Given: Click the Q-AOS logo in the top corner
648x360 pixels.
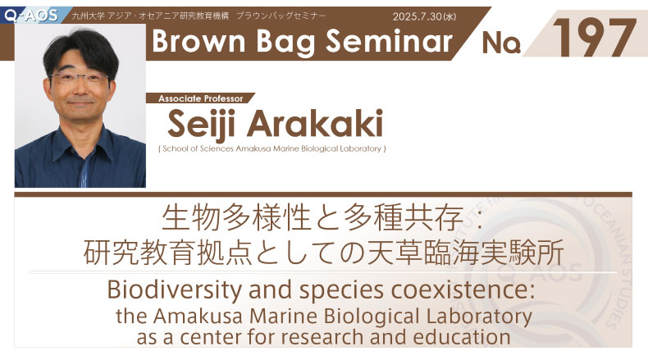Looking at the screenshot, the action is click(x=31, y=16).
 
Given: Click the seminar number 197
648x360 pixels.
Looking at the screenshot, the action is click(x=594, y=38).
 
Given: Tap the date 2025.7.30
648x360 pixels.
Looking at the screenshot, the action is click(x=418, y=16).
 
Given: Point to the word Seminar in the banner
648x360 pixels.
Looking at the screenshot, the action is click(x=390, y=41).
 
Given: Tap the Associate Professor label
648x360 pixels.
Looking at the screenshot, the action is click(x=200, y=98).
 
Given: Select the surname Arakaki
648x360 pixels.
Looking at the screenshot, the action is click(x=315, y=124).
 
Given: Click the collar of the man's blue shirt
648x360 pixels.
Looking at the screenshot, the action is click(x=80, y=143).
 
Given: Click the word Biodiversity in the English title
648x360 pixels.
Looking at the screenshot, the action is click(x=175, y=289).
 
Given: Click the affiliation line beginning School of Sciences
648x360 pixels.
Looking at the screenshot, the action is click(x=272, y=148).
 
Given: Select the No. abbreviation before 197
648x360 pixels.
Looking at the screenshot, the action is click(x=501, y=43).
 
